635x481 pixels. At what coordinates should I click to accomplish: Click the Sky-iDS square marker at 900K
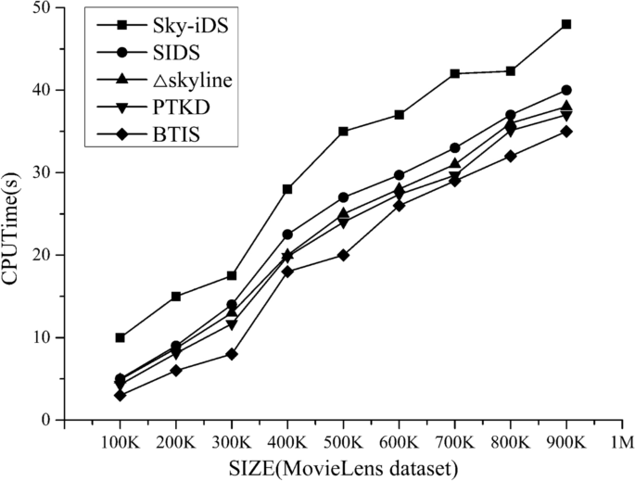pyautogui.click(x=566, y=24)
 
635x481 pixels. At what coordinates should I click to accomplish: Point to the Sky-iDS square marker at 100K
pyautogui.click(x=121, y=337)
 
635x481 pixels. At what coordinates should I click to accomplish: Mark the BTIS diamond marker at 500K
pyautogui.click(x=343, y=255)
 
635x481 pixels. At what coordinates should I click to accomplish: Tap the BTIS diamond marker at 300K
pyautogui.click(x=232, y=354)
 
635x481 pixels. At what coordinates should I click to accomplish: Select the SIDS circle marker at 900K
pyautogui.click(x=566, y=90)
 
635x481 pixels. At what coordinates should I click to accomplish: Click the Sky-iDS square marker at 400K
pyautogui.click(x=287, y=189)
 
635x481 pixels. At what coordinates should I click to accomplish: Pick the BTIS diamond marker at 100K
pyautogui.click(x=121, y=395)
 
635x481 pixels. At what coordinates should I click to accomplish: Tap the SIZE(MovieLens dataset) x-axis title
pyautogui.click(x=343, y=466)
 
